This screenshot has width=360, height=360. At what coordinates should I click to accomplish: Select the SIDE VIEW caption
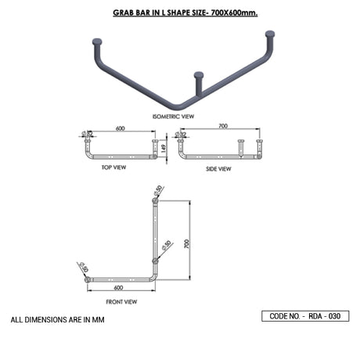click(x=218, y=168)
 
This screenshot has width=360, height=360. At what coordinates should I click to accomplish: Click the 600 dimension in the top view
click(x=121, y=127)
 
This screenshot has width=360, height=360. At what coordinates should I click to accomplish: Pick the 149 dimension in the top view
click(x=164, y=147)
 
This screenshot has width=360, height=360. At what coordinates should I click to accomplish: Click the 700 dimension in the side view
click(x=223, y=125)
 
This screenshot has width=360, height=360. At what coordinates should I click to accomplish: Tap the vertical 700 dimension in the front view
click(x=186, y=243)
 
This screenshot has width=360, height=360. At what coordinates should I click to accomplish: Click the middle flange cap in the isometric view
click(x=198, y=76)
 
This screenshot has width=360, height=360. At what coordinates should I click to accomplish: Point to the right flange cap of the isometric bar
click(x=270, y=34)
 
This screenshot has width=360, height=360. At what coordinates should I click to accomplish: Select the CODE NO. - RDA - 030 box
click(x=305, y=316)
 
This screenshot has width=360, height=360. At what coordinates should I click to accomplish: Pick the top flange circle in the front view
click(x=155, y=202)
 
